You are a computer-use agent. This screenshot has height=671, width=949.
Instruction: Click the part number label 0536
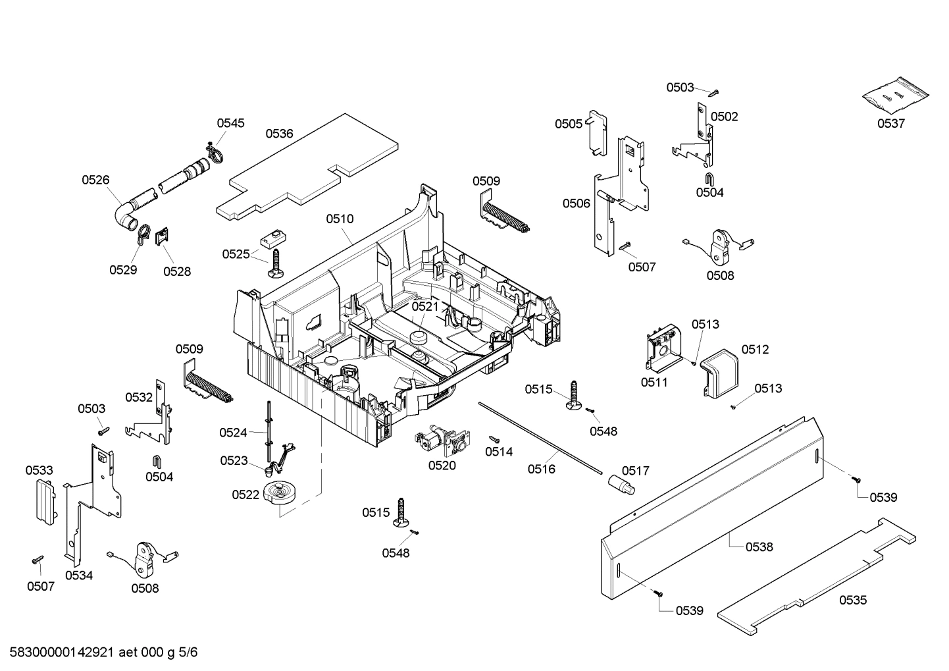pos(279,134)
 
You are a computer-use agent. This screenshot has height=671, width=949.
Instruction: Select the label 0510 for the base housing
pos(340,219)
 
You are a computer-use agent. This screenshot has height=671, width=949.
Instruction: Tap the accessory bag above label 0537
pos(896,96)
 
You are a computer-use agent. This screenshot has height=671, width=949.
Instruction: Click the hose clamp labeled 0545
pos(213,152)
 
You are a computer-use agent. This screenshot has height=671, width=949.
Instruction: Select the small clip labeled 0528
pos(162,236)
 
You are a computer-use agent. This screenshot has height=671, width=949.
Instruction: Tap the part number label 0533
pos(39,470)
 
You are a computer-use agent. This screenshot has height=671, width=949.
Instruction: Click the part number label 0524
pos(233,433)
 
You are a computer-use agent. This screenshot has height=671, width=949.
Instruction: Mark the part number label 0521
pos(425,306)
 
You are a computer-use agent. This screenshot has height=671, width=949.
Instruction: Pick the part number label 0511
pos(654,382)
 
